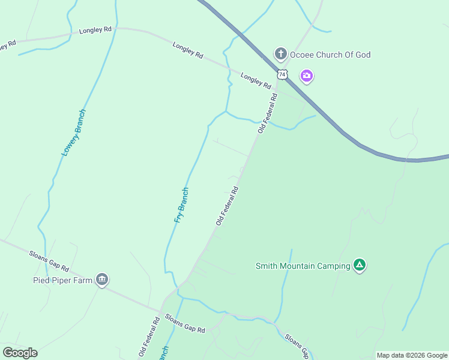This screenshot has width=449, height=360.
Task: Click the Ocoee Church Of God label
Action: click(x=330, y=55)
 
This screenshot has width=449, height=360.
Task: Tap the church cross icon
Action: click(x=280, y=55)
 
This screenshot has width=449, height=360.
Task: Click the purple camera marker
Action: click(x=307, y=76)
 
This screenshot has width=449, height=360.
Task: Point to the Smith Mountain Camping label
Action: click(x=303, y=266)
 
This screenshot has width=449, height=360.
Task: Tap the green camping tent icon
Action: click(x=359, y=265)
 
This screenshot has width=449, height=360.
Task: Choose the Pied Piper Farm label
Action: click(x=62, y=280)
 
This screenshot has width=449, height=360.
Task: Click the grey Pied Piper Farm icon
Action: click(x=102, y=279)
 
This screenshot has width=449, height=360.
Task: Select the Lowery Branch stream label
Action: click(x=73, y=133)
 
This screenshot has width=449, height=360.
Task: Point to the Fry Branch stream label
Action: click(x=181, y=205)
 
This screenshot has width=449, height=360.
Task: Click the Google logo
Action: click(x=20, y=353)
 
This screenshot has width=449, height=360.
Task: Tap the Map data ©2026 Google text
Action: click(x=412, y=355)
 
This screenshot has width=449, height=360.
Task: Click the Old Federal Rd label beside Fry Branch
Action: click(x=228, y=206)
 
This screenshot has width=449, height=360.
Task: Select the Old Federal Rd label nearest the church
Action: click(x=268, y=113)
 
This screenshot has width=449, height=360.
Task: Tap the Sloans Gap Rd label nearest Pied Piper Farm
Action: click(x=49, y=261)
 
